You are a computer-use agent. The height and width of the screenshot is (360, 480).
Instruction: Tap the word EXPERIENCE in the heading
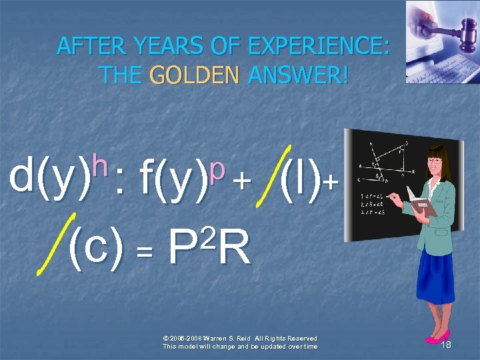click(319, 46)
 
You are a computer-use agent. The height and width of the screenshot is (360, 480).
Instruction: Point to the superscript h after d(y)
click(100, 161)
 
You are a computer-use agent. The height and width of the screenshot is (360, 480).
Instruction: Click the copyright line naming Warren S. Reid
click(240, 338)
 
